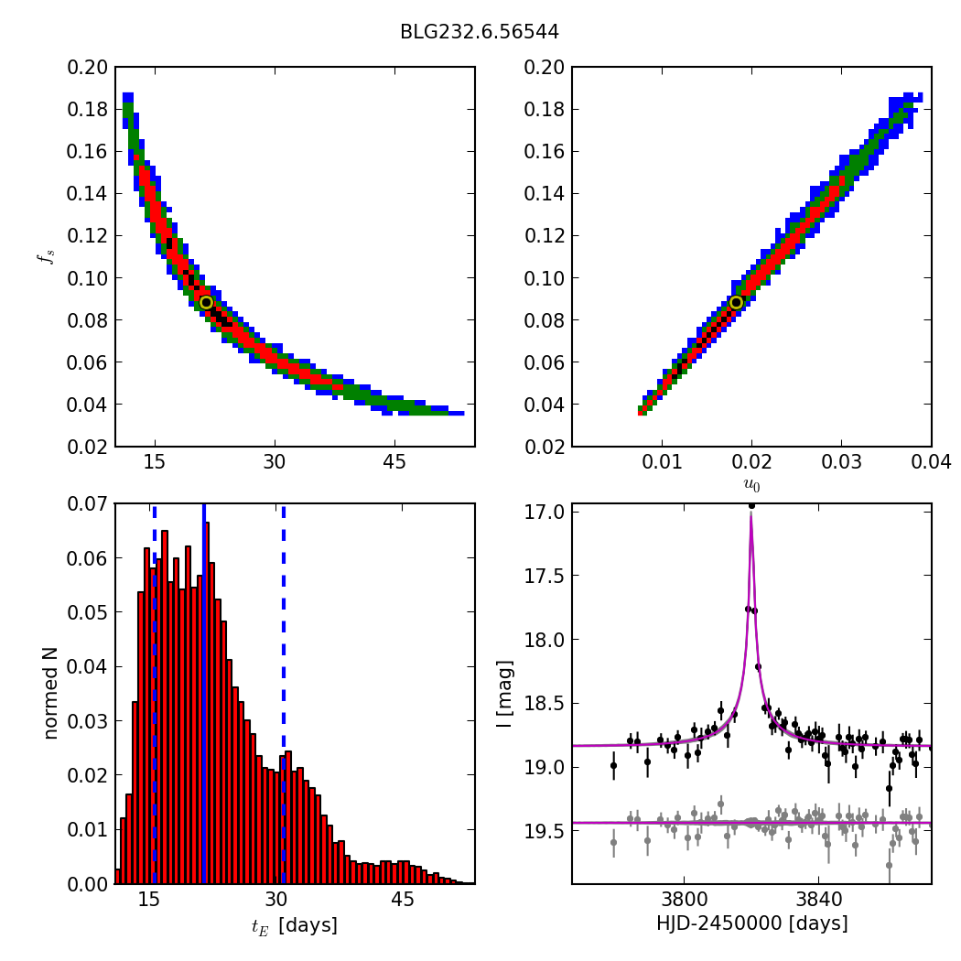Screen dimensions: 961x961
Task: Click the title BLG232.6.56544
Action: click(x=479, y=32)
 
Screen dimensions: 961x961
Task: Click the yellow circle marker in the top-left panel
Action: click(x=206, y=302)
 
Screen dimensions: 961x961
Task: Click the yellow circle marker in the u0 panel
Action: click(x=736, y=302)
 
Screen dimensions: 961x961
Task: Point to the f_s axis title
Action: click(x=44, y=257)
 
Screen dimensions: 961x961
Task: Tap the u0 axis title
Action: click(x=751, y=484)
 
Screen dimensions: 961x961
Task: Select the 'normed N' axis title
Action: click(x=52, y=693)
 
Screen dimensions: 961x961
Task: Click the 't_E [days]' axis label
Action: click(x=295, y=925)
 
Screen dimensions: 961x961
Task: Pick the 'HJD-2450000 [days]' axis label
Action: click(x=751, y=923)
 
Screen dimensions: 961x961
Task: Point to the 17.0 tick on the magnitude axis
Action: click(x=545, y=512)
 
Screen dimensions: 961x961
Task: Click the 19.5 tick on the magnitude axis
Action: click(x=545, y=830)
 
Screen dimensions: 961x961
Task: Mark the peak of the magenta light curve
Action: click(x=751, y=515)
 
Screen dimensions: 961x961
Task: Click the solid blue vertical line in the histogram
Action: click(x=203, y=641)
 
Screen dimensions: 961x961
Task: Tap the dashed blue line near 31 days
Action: click(x=283, y=641)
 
